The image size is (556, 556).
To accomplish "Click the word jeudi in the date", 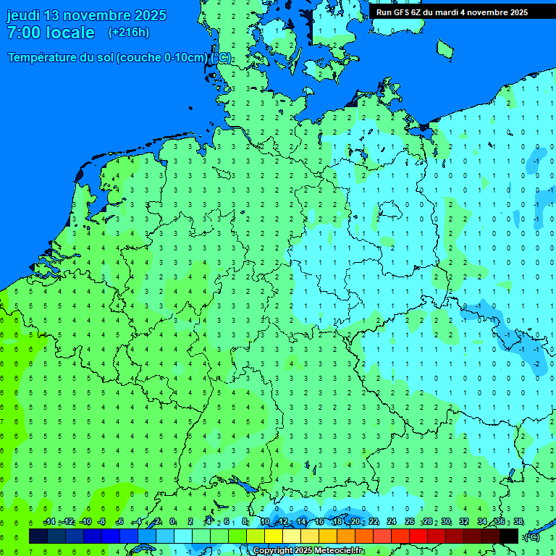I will tap(24, 15).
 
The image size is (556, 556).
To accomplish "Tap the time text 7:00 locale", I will tap(51, 33).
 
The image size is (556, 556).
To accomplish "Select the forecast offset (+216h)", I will tap(128, 33).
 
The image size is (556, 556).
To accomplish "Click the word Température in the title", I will tap(46, 58).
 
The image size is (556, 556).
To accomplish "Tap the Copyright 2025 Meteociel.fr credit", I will tap(308, 551).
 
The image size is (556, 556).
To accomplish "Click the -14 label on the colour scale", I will tap(49, 522).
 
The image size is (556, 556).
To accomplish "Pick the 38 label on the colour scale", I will tap(518, 522).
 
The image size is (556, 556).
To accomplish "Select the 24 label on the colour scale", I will tap(392, 522).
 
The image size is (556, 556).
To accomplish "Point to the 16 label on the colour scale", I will tap(319, 522).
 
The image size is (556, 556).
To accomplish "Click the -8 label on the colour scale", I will tap(102, 522).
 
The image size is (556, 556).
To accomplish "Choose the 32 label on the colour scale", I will tap(464, 522).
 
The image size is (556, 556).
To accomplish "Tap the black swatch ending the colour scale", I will tap(509, 536).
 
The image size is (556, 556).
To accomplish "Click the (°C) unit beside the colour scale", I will tap(532, 536).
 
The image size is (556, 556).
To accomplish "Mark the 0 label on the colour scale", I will tap(172, 522).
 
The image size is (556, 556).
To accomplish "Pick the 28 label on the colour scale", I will tap(428, 522).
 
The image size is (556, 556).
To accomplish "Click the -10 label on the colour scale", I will tap(85, 522).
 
